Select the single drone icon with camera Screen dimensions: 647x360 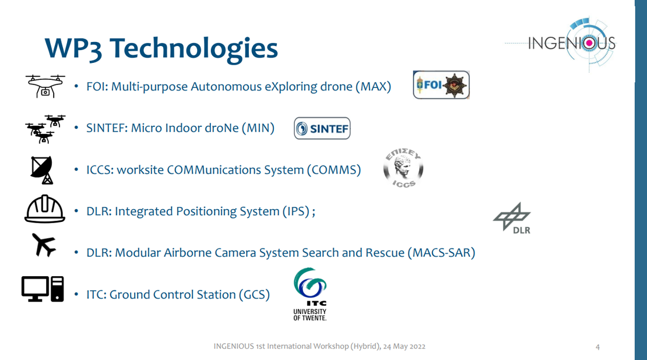[45, 86]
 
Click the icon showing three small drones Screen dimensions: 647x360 [45, 129]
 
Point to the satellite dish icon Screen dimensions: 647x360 [42, 170]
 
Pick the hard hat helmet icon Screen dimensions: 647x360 [44, 209]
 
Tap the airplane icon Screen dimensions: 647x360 [43, 245]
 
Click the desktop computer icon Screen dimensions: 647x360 [43, 289]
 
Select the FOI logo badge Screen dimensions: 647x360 [441, 85]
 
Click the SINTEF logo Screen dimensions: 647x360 [322, 128]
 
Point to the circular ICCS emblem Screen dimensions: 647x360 [403, 168]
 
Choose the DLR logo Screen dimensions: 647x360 [512, 218]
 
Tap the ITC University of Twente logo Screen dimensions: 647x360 [310, 294]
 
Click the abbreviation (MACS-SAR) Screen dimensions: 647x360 [441, 253]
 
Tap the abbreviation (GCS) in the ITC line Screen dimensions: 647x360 [254, 295]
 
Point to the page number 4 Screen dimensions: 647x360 [597, 347]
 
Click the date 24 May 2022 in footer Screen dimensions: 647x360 [404, 347]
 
